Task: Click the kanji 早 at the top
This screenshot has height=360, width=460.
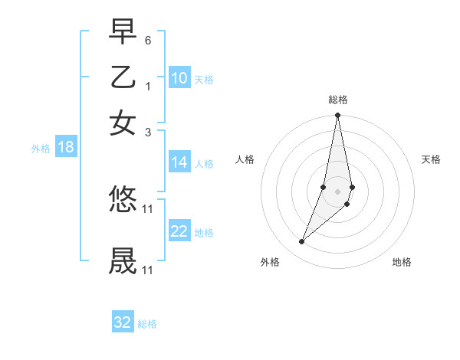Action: click(123, 32)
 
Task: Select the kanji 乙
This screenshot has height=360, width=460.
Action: click(123, 78)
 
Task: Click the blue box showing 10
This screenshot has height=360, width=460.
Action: click(179, 78)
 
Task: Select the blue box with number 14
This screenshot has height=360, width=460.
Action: click(179, 162)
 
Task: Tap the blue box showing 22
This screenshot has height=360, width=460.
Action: click(179, 231)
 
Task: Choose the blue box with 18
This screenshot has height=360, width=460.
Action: click(66, 148)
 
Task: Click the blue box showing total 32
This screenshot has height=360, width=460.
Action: click(123, 322)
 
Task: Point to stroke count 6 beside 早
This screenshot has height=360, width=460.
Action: click(148, 39)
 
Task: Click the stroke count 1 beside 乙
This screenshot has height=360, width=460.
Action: click(148, 85)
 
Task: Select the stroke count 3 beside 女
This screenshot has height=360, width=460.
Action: click(148, 131)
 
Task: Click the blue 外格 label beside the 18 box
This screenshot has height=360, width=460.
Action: click(40, 149)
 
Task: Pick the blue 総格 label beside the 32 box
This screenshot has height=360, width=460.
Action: click(147, 324)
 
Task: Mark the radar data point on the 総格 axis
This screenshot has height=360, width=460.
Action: click(337, 116)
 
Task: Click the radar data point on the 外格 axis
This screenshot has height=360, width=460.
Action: click(302, 241)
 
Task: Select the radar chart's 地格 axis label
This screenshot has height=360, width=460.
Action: click(402, 263)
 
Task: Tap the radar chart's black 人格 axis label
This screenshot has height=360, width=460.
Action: click(245, 159)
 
